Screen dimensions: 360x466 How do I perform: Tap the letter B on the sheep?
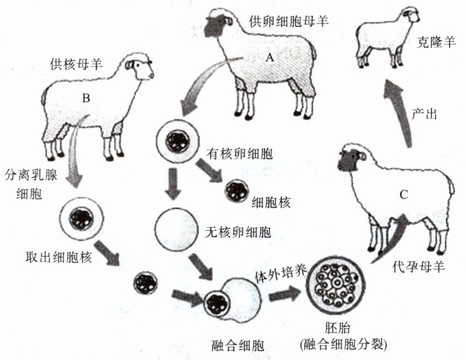click(x=85, y=99)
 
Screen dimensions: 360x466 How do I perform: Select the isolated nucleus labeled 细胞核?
click(x=237, y=190)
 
